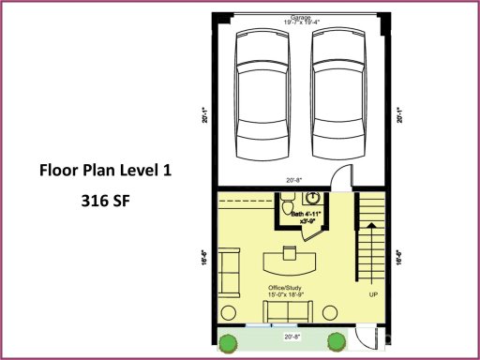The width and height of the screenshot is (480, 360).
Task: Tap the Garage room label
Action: tap(299, 16)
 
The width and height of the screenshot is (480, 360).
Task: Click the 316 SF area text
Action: tap(105, 200)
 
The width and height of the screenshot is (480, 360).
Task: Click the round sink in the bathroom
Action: tap(313, 199)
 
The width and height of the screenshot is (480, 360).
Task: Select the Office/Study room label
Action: tap(288, 288)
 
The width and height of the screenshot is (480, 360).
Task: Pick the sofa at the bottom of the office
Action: tap(284, 311)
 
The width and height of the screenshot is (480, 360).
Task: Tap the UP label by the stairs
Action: tap(373, 293)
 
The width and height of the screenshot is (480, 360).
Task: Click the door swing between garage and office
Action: tap(338, 177)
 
